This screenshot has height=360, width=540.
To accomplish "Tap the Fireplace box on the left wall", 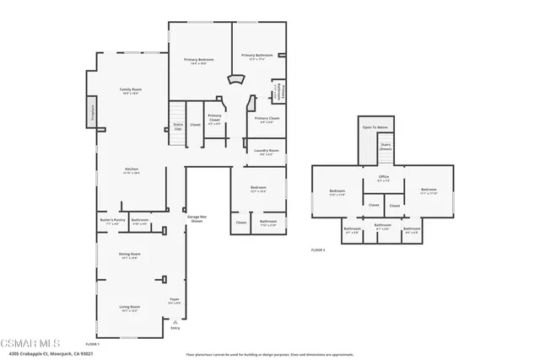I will coord(93,114).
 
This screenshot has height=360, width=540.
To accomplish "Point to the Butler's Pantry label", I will coord(112,222).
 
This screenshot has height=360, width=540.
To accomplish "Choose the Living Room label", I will coord(129,309).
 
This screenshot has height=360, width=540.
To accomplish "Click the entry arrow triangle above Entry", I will coord(175,321).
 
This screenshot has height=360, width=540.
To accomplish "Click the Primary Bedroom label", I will coord(199,61).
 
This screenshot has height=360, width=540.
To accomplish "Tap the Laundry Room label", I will coord(267,153).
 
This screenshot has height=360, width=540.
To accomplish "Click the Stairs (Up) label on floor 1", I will coord(178,127).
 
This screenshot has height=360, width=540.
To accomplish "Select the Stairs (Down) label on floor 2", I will coord(386,147).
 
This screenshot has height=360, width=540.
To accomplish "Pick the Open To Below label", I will coord(375,127).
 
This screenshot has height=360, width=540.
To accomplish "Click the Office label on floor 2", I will coord(383,178).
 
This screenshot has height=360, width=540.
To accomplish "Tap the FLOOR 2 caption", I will coord(318,250).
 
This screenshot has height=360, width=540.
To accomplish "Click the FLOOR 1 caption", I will coord(93,344).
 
